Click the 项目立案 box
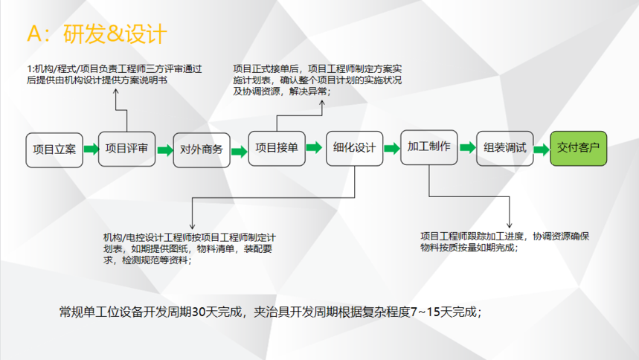(x=54, y=150)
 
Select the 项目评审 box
(x=126, y=149)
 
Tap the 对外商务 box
(x=202, y=150)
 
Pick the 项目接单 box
(x=277, y=149)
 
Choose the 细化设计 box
(x=355, y=149)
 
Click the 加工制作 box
(x=429, y=147)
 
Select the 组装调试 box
(x=505, y=149)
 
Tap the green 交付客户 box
(x=578, y=149)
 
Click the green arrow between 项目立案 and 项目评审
(x=91, y=149)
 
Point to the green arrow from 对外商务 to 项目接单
(x=240, y=152)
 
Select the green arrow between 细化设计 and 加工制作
(x=392, y=149)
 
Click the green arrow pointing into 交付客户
(x=542, y=150)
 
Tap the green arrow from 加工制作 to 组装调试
(x=468, y=147)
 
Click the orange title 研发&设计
(x=115, y=33)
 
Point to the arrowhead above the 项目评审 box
(x=116, y=91)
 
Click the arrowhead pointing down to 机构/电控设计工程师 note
(x=193, y=226)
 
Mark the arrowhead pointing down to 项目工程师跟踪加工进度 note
(x=510, y=225)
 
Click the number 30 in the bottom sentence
(x=199, y=312)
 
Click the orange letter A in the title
(x=34, y=33)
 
